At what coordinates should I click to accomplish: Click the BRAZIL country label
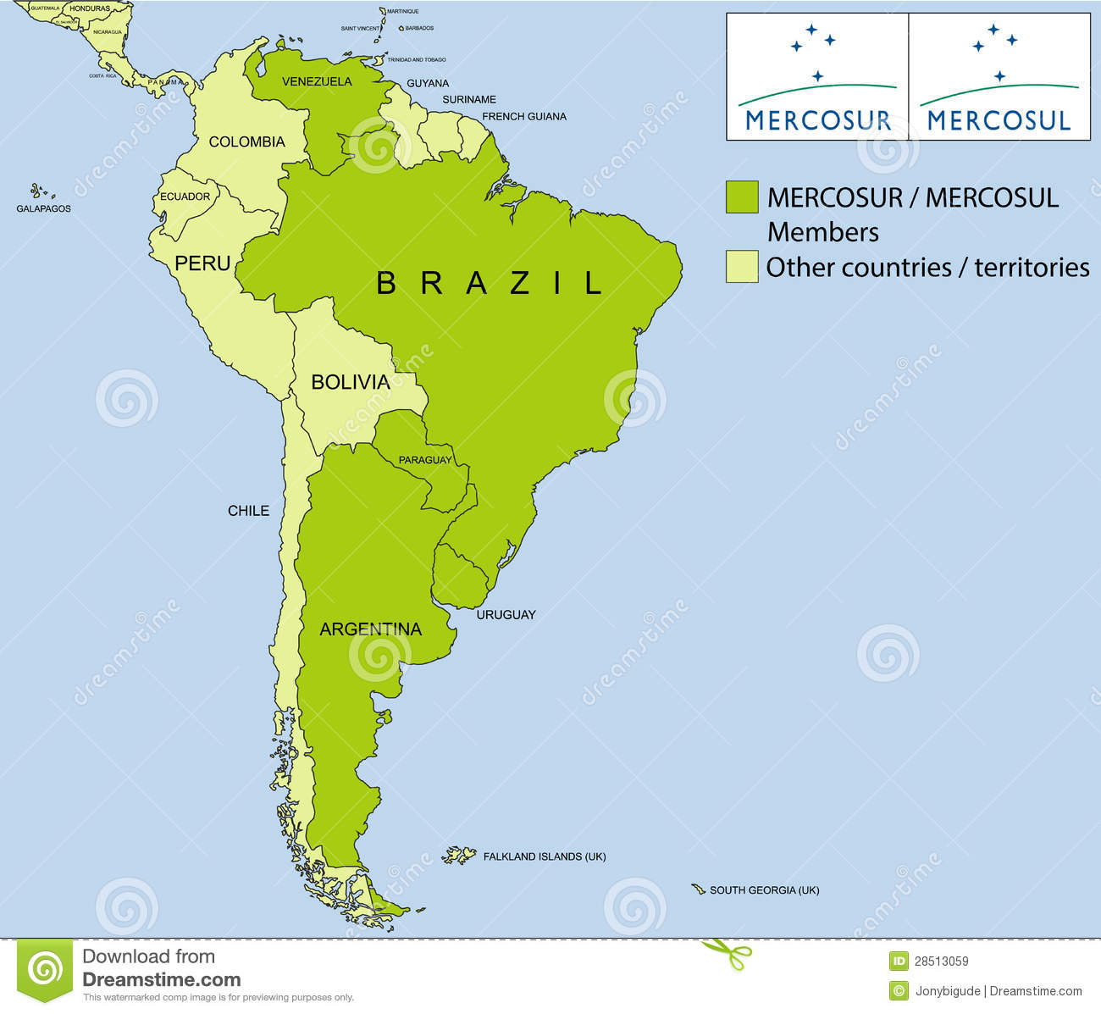click(x=489, y=283)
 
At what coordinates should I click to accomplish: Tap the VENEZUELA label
click(x=317, y=82)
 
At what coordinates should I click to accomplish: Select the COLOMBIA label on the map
click(x=246, y=141)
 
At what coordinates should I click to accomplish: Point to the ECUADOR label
click(x=185, y=197)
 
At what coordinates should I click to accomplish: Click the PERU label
click(x=202, y=263)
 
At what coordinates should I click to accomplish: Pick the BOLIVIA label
click(x=351, y=382)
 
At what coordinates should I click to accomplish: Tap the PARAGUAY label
click(x=425, y=460)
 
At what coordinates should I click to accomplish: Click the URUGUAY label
click(x=506, y=614)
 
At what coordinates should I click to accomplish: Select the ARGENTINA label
click(x=370, y=629)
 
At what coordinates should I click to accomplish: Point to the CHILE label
click(x=248, y=510)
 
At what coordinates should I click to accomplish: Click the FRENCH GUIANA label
click(x=524, y=116)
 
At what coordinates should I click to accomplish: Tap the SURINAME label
click(x=469, y=99)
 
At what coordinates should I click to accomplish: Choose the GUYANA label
click(x=428, y=83)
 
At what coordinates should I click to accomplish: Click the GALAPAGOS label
click(x=43, y=208)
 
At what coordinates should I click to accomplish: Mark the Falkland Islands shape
click(x=460, y=856)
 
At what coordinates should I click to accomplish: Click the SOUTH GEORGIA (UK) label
click(x=764, y=890)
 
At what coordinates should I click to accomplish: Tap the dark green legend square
click(x=742, y=197)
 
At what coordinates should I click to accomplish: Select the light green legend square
click(x=742, y=266)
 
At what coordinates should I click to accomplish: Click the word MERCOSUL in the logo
click(x=999, y=120)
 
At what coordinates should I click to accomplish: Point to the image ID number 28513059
click(x=941, y=961)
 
